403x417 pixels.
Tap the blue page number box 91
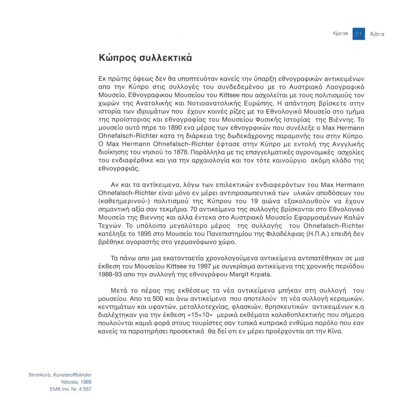coord(359,33)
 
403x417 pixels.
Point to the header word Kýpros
coord(340,33)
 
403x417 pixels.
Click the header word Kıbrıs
coord(377,34)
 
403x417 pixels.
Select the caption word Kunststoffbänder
coord(73,375)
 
